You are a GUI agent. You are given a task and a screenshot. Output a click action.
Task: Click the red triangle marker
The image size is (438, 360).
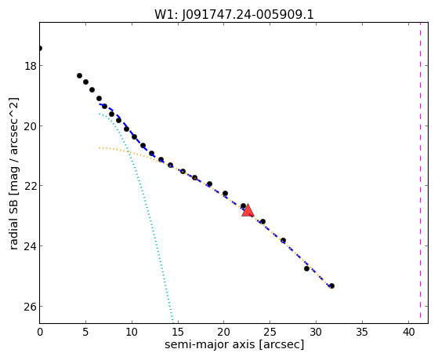(x=248, y=211)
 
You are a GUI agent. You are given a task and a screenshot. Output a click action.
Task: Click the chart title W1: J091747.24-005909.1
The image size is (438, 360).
(x=234, y=14)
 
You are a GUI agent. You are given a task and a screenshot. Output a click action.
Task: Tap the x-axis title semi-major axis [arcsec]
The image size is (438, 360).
(x=234, y=344)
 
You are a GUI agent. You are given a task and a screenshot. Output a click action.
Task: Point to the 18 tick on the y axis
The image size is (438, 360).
(x=31, y=66)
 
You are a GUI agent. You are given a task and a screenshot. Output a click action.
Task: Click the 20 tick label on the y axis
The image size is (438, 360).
(x=31, y=126)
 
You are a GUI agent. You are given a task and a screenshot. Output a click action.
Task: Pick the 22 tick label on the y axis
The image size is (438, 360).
(x=31, y=186)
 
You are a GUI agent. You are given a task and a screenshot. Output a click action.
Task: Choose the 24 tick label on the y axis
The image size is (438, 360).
(x=31, y=246)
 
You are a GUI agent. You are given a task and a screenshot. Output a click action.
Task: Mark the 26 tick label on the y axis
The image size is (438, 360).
(x=31, y=307)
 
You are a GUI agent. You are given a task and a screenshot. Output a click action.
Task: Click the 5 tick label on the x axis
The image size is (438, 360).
(x=85, y=332)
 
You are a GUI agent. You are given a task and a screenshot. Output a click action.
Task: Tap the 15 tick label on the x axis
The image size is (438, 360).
(x=178, y=332)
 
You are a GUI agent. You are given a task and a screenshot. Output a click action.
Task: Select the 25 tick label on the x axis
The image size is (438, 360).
(x=270, y=332)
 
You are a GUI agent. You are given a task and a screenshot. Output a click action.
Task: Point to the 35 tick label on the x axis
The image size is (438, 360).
(x=362, y=332)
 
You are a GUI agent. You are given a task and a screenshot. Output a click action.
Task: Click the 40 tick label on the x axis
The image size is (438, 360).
(x=408, y=332)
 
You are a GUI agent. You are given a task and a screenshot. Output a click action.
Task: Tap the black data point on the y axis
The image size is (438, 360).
(x=40, y=49)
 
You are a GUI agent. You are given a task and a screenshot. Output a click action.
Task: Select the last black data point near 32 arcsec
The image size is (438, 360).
(x=331, y=285)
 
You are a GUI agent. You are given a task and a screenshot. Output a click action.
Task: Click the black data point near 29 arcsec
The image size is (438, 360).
(x=306, y=268)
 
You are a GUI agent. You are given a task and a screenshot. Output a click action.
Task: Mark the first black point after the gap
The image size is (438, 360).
(x=79, y=75)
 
